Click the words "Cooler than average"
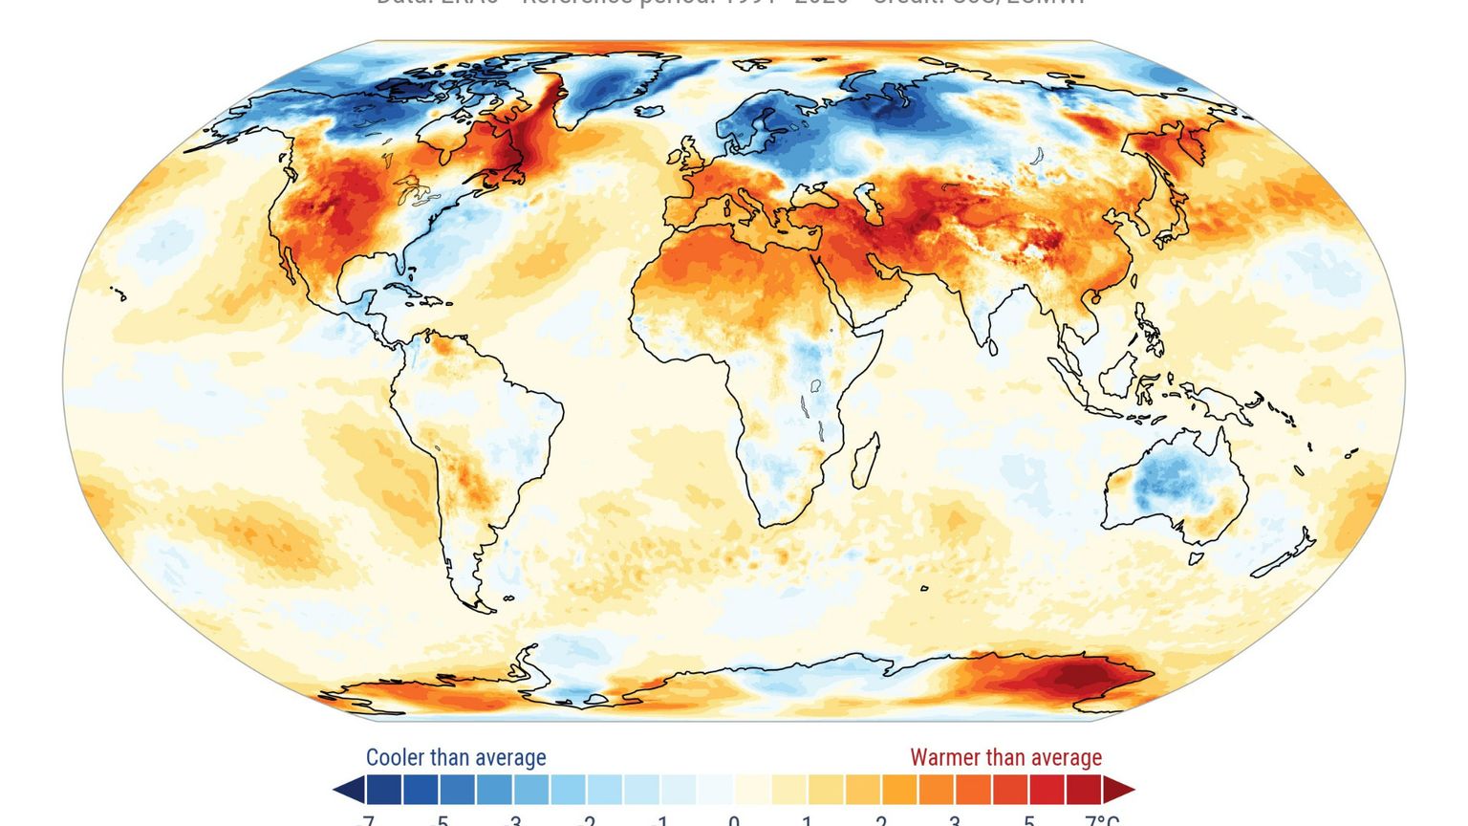456,758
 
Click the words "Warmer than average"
1005,758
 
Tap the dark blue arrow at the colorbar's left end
348,791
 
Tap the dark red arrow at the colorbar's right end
1119,791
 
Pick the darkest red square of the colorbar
1084,791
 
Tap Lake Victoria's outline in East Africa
815,386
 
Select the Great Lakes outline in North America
413,189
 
